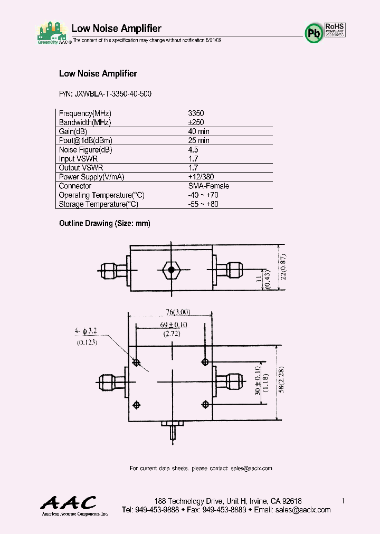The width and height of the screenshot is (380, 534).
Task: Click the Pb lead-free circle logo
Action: (x=314, y=33)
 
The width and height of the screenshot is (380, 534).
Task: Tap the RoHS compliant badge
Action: (x=334, y=29)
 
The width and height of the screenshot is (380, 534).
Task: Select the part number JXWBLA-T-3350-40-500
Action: (x=105, y=94)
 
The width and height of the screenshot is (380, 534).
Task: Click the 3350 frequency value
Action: (x=196, y=113)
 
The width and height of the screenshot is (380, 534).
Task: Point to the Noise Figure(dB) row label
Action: (x=85, y=149)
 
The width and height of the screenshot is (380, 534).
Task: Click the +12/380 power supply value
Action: (x=201, y=177)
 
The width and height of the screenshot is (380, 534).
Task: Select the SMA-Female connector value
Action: (x=208, y=186)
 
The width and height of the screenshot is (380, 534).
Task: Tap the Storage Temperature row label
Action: (x=99, y=204)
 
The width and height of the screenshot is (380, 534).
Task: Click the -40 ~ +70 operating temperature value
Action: (x=203, y=195)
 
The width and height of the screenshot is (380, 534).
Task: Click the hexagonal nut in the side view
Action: (x=170, y=271)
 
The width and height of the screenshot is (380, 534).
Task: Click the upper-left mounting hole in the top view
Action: (x=137, y=363)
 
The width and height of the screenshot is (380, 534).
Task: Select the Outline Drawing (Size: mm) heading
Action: (x=104, y=223)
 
